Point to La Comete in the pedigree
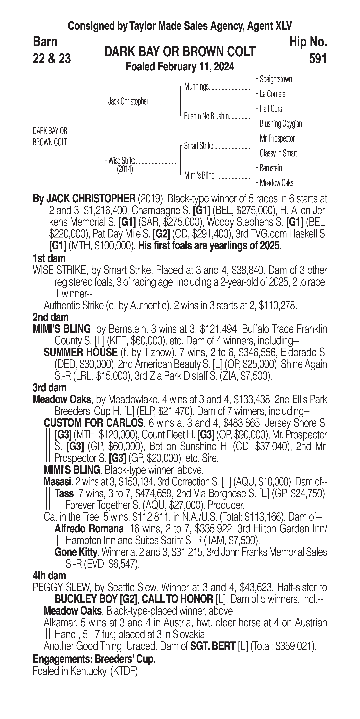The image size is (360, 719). pos(272,94)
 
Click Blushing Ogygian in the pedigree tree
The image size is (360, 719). pos(281,124)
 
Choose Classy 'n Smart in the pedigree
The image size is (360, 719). pos(278,153)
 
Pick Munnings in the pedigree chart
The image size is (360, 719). pos(196,87)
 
